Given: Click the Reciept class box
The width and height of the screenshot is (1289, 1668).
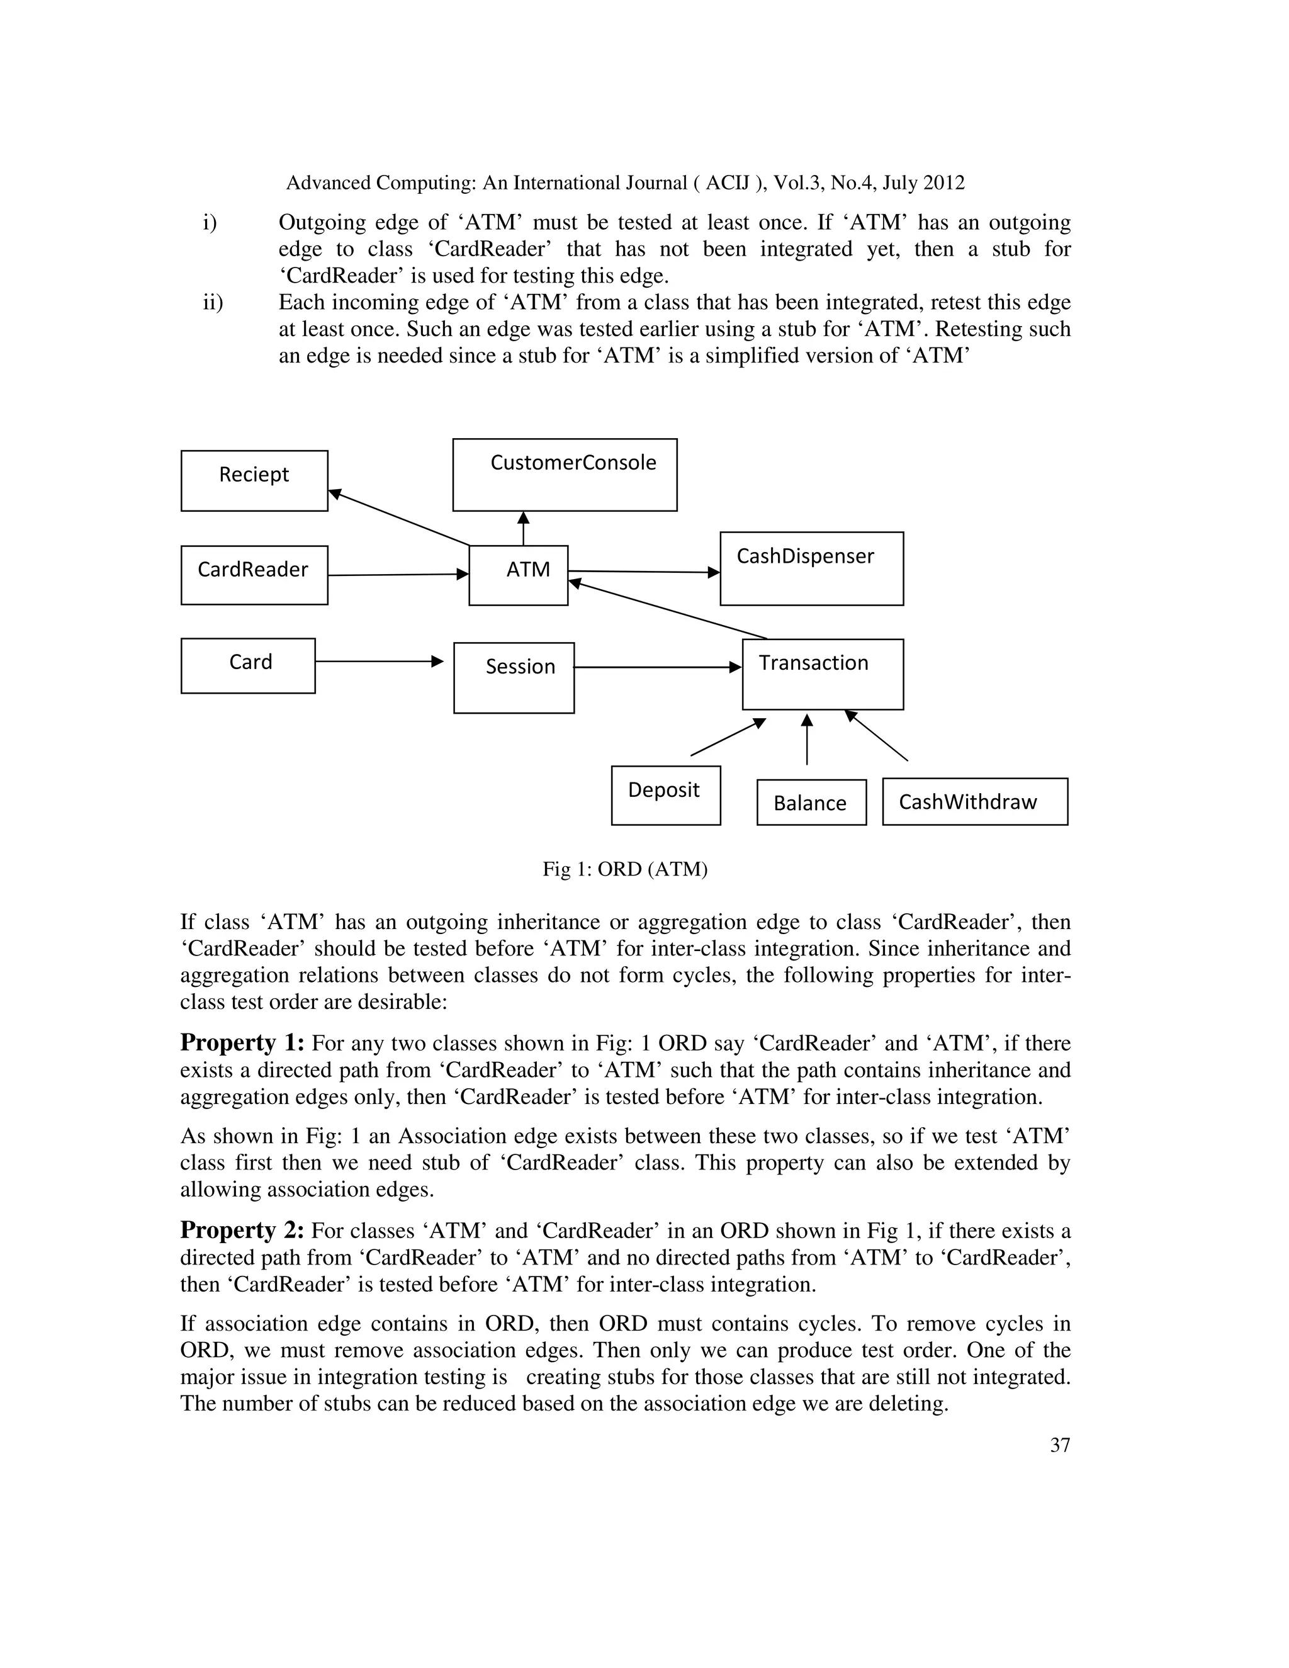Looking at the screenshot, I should coord(254,480).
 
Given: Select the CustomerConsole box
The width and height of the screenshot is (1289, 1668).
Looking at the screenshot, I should coord(565,475).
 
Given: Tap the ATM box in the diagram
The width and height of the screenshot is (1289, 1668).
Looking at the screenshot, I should coord(519,575).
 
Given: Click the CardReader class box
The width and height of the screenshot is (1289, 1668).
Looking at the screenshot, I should coord(254,575).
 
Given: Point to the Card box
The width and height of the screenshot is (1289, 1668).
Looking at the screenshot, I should coord(248,665).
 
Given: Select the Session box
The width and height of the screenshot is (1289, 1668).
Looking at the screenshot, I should coord(514,677).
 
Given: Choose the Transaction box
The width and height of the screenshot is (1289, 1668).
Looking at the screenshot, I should coord(823,674).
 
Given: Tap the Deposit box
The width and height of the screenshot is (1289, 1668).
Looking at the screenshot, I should coord(665,795).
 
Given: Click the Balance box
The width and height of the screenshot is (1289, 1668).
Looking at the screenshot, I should coord(811,802).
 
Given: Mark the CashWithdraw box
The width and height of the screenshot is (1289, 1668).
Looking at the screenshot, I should coord(974,801).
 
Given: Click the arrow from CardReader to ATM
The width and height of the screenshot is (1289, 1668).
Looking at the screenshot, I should coord(397,574).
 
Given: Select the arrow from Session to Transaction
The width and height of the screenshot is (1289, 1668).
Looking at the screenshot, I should coord(656,667).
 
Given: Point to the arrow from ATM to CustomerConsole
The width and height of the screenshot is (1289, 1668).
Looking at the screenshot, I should coord(523,529).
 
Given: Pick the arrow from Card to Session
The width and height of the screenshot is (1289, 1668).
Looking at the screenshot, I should coord(378,662).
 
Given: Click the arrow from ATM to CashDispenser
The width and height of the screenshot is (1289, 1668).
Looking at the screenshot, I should coord(643,572).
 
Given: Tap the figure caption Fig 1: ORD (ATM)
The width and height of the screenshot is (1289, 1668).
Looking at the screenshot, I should coord(624,869).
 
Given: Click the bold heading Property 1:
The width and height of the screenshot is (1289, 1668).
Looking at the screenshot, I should coord(242,1042).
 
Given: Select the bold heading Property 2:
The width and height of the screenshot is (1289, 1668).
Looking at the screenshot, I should coord(242,1230).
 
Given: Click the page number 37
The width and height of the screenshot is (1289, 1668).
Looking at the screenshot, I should coord(1059,1445).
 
